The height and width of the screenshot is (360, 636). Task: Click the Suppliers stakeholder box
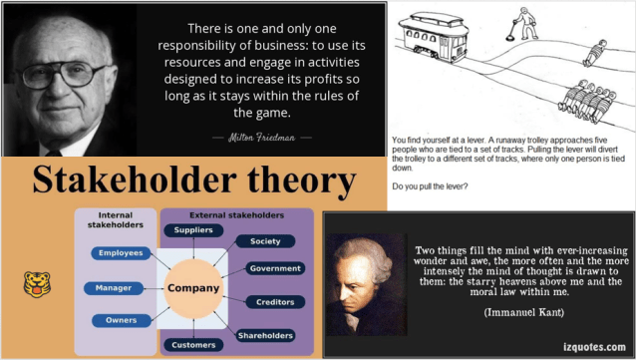point(192,230)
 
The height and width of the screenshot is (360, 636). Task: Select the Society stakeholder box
point(264,240)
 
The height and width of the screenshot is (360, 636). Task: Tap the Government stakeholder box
point(275,269)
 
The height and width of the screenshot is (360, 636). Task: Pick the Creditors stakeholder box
point(275,302)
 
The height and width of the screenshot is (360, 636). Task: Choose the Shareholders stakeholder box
point(265,335)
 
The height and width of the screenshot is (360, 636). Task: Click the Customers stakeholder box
point(192,345)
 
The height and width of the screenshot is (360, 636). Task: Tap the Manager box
point(114,287)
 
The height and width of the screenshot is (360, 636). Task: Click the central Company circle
point(192,288)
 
